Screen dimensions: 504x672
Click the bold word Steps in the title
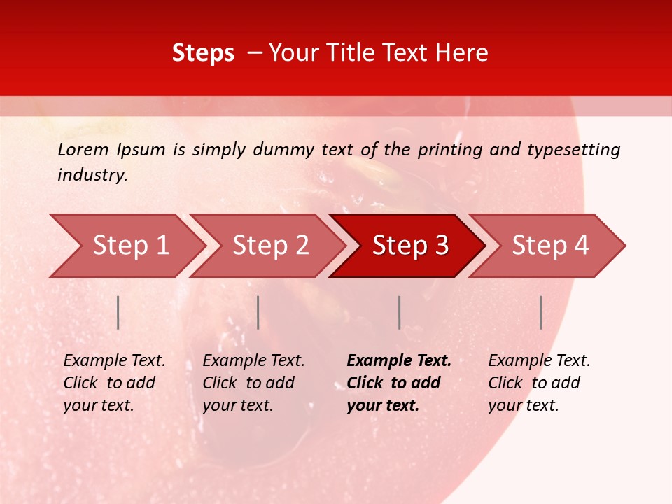[203, 53]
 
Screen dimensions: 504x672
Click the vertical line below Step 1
[118, 312]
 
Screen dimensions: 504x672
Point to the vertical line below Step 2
[258, 312]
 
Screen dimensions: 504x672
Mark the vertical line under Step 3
[399, 312]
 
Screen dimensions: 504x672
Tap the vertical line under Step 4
[540, 312]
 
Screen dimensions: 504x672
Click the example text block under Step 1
[114, 383]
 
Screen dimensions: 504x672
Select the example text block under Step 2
[253, 383]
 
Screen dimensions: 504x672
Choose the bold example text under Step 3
[399, 383]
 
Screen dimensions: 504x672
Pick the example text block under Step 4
[539, 383]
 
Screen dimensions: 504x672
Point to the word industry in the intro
[92, 175]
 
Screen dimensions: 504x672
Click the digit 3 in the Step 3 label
[441, 246]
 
